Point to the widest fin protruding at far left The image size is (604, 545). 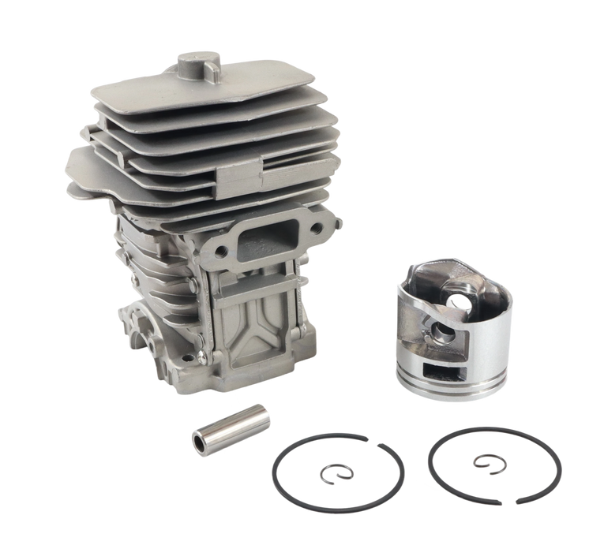[79, 162]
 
